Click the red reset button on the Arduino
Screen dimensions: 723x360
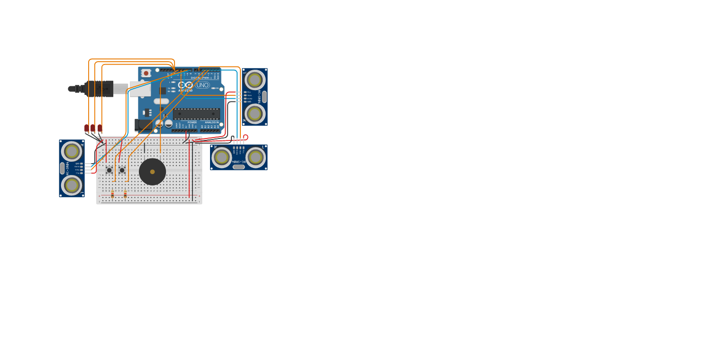click(x=146, y=73)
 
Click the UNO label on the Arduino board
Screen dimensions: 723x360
click(x=202, y=85)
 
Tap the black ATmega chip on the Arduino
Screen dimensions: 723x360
click(x=196, y=114)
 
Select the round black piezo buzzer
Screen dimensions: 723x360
click(x=152, y=172)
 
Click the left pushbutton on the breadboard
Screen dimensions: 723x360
click(x=109, y=170)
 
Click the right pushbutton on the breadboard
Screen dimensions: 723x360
click(x=122, y=170)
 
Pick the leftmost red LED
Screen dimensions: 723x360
click(x=87, y=128)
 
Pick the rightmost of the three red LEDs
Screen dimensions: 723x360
click(x=100, y=128)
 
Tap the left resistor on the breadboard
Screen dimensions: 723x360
click(x=112, y=194)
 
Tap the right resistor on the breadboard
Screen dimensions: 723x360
click(x=125, y=194)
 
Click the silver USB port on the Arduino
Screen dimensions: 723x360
click(x=140, y=89)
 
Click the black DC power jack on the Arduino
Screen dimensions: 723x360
click(x=143, y=126)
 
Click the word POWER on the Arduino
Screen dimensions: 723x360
click(x=192, y=122)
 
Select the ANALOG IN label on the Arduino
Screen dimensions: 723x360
click(x=212, y=122)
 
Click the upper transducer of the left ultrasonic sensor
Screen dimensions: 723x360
click(x=72, y=152)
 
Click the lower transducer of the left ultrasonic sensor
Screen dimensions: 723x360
click(x=72, y=185)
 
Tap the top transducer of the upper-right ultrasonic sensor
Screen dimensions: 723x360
click(x=255, y=80)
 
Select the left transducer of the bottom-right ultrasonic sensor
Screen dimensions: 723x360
click(x=222, y=157)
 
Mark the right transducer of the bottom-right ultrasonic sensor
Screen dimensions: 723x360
click(x=256, y=157)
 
